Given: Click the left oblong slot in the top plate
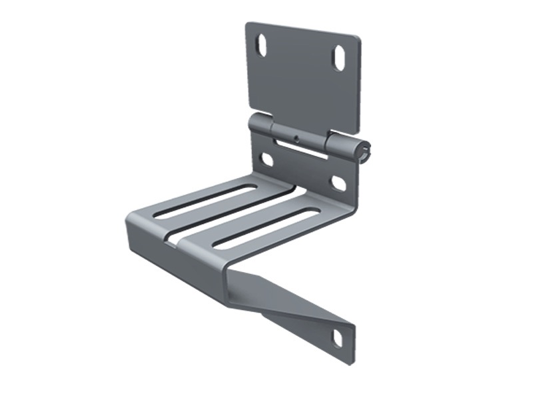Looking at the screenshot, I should [263, 47].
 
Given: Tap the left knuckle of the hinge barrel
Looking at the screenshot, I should [261, 125].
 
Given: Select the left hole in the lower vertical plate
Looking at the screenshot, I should [266, 159].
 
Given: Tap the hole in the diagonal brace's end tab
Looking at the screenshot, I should [337, 339].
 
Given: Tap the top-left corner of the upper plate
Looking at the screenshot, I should [247, 25].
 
